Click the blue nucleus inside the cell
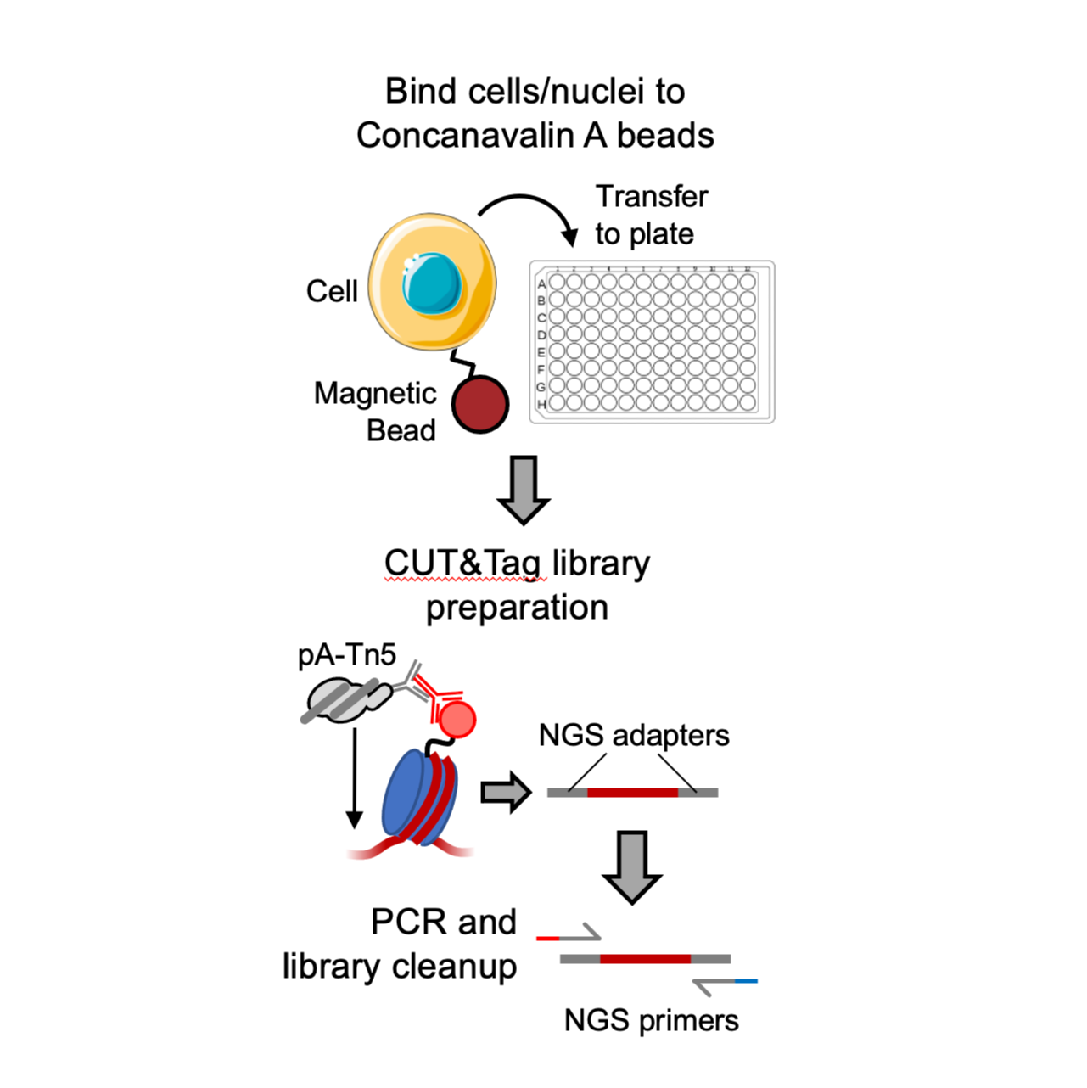(x=432, y=283)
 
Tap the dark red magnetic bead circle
(x=479, y=405)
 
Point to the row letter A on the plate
(x=541, y=284)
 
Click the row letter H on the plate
(x=541, y=405)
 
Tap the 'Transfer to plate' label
(x=651, y=215)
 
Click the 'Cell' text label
(x=332, y=291)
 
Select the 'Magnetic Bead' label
(x=375, y=412)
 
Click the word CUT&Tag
(x=462, y=563)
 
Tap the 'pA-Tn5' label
(x=346, y=655)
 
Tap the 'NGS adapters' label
(x=634, y=735)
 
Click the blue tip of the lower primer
(x=746, y=981)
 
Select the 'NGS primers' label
(x=651, y=1020)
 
